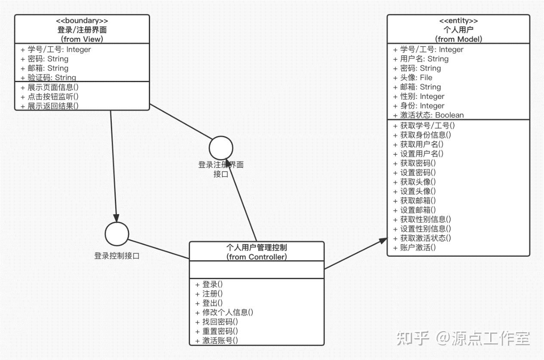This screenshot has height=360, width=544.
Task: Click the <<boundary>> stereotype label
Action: (82, 21)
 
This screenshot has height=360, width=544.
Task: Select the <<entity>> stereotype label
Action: (458, 21)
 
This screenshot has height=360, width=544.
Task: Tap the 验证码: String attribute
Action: (48, 77)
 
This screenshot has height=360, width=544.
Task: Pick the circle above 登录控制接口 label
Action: (117, 234)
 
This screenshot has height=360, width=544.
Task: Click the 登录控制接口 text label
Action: (117, 256)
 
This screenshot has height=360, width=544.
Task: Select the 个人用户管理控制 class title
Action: (256, 247)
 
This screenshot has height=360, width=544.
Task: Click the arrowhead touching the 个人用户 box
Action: (382, 241)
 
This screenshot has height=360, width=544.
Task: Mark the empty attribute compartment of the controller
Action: (257, 269)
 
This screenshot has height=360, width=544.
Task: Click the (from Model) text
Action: (458, 39)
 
